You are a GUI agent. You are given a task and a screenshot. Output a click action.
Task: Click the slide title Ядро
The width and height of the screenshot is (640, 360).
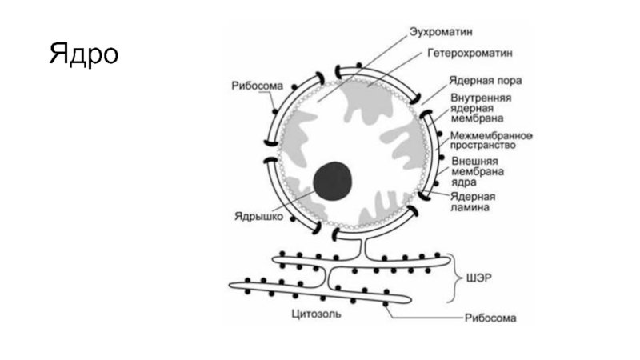tap(83, 55)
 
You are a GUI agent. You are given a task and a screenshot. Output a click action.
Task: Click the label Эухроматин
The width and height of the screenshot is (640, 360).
tap(441, 32)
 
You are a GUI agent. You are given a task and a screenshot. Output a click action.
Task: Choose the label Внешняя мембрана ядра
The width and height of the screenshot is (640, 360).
tap(478, 170)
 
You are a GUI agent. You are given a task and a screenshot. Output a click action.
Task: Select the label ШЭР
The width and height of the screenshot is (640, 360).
tap(478, 278)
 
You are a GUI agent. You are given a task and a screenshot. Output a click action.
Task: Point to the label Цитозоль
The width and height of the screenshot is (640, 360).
tap(317, 314)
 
